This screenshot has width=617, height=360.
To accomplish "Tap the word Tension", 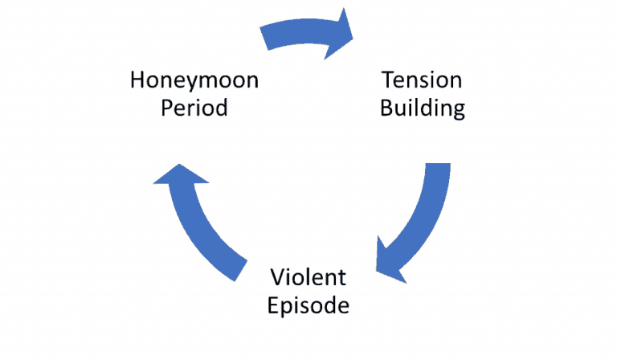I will [x=422, y=80].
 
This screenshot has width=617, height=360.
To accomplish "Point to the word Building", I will [x=422, y=108].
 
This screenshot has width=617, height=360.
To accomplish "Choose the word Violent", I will [x=308, y=278].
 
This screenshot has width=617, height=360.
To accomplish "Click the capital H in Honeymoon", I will [x=137, y=80].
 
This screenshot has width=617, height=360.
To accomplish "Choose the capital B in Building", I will [x=386, y=108].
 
